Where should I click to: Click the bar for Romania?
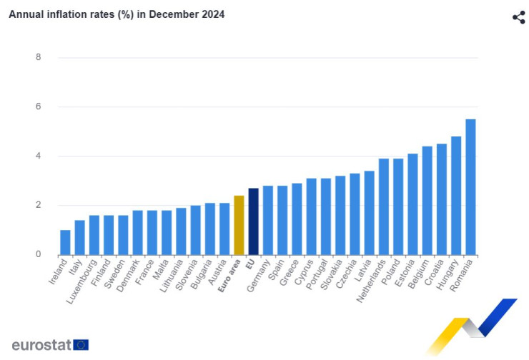coord(470,187)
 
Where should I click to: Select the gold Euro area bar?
coord(239,225)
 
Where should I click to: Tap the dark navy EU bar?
coord(253,221)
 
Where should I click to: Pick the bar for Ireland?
coord(65,243)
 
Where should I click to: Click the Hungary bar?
coord(456,196)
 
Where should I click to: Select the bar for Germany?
coord(268,221)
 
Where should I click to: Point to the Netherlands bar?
coord(384,207)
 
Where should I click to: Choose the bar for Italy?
coord(79,238)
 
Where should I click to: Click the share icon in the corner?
coord(518,17)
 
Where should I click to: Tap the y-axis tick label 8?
coord(38,57)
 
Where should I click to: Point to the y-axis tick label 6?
coord(38,106)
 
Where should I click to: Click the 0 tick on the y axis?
coord(38,254)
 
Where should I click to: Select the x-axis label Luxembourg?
coord(82,281)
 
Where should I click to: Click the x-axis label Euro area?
coord(229,276)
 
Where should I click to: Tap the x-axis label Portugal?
coord(317,274)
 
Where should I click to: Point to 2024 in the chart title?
coord(213,14)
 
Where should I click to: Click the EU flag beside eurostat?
coord(81,345)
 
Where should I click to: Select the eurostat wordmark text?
coord(41,345)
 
